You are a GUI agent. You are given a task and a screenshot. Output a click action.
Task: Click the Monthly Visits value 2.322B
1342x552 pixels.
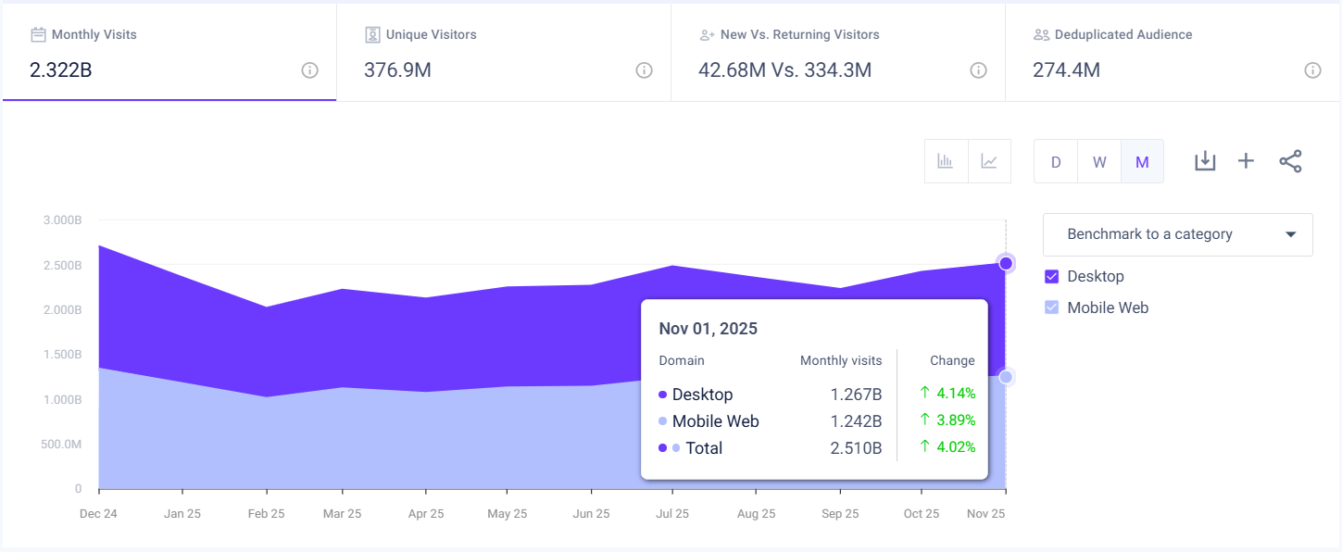click(61, 69)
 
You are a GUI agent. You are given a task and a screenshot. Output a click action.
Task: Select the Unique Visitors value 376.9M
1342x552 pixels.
click(397, 69)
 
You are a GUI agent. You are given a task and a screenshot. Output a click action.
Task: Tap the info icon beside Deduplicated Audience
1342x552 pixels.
click(1312, 70)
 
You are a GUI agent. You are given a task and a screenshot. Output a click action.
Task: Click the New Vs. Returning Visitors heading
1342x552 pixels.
click(799, 34)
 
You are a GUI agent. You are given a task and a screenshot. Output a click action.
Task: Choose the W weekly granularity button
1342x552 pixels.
click(1099, 162)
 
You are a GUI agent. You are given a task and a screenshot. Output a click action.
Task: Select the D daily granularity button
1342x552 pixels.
click(1056, 162)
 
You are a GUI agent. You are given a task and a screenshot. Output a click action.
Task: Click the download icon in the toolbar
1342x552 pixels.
click(1204, 161)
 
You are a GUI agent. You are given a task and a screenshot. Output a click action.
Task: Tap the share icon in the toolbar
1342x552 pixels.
click(1290, 161)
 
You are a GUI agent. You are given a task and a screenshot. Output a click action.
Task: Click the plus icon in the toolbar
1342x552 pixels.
click(1246, 161)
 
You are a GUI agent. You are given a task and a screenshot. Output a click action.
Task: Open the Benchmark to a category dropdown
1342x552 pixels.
click(1177, 234)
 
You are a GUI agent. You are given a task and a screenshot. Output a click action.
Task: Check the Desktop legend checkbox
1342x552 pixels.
click(1051, 276)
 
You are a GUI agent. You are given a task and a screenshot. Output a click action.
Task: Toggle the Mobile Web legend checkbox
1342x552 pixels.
click(1051, 307)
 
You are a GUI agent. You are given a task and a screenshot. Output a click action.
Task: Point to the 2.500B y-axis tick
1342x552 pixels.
click(62, 265)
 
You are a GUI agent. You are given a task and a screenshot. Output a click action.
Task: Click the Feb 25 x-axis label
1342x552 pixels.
click(266, 513)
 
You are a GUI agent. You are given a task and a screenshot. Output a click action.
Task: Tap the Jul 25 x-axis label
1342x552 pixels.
click(672, 513)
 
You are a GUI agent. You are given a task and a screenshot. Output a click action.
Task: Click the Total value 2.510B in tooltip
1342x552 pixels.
click(856, 448)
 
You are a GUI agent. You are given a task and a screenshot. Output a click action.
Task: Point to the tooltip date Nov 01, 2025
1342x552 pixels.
click(708, 329)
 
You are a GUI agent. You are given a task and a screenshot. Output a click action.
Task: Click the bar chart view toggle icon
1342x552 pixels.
click(946, 161)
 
